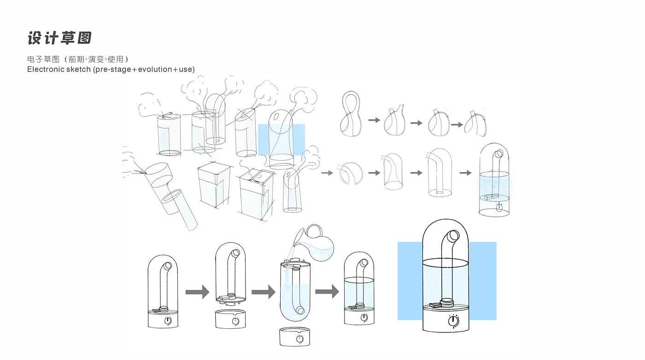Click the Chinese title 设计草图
click(59, 38)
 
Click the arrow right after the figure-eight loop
click(374, 120)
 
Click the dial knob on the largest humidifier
click(453, 320)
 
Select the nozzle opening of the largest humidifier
click(452, 237)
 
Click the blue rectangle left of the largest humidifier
click(410, 281)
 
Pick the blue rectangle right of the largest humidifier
click(482, 281)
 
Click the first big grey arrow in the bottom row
click(197, 292)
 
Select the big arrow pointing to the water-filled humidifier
click(327, 291)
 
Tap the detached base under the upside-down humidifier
click(295, 337)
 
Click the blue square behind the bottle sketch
click(281, 139)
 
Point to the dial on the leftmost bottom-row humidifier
click(168, 320)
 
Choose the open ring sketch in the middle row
click(350, 173)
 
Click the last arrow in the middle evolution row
click(466, 173)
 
